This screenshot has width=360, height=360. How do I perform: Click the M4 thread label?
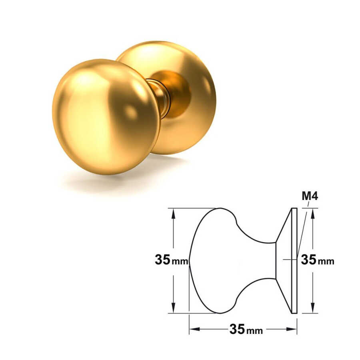[x=310, y=196]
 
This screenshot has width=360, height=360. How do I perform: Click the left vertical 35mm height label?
[x=171, y=260]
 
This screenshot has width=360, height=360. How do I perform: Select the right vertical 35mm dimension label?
[x=318, y=260]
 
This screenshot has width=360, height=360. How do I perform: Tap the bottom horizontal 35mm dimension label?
[x=246, y=329]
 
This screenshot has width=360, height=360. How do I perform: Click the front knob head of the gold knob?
[x=106, y=117]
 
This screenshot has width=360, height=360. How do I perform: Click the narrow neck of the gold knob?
[x=161, y=98]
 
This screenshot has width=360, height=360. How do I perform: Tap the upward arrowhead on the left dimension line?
[x=173, y=214]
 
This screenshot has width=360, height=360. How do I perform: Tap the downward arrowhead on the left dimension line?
[x=173, y=308]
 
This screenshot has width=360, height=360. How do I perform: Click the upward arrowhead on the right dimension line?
[x=312, y=214]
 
